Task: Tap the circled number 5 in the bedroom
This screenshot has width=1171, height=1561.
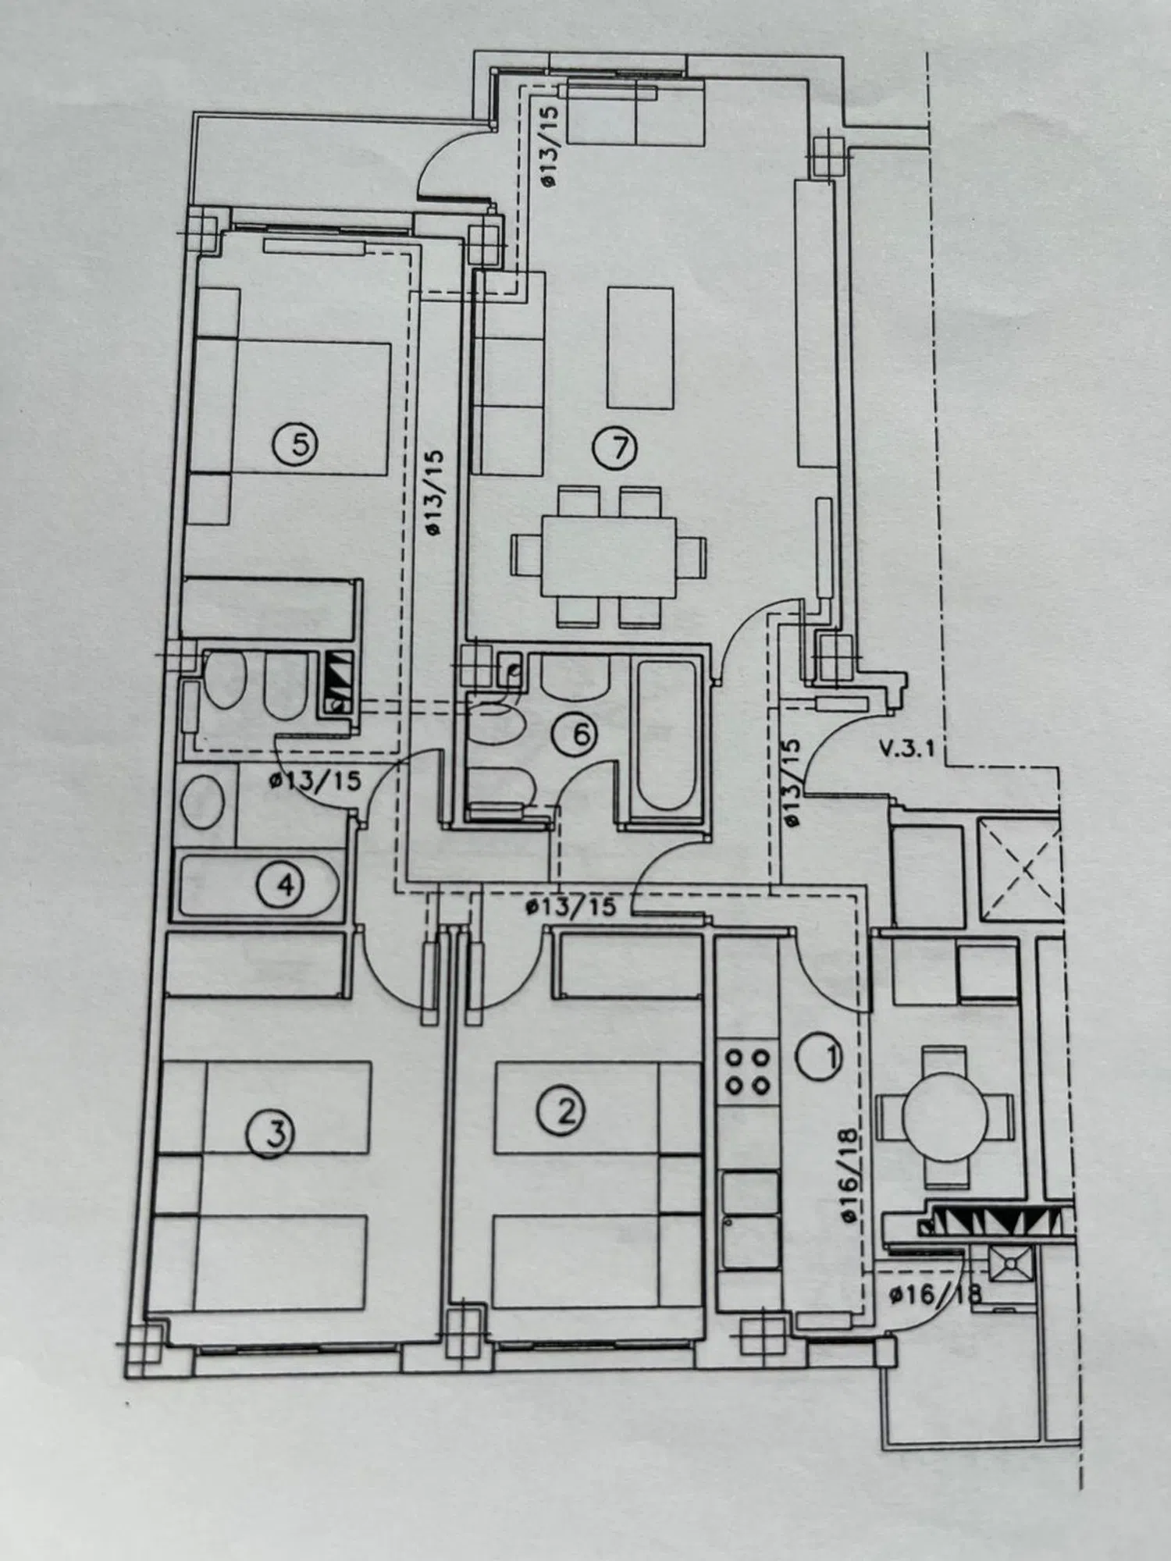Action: pos(294,444)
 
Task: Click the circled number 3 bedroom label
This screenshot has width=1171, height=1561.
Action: pos(269,1133)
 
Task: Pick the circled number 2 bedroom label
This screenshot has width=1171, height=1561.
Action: pos(561,1111)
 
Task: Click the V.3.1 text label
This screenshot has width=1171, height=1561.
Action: pos(906,749)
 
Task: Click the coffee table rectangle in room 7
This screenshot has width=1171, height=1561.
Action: pos(640,347)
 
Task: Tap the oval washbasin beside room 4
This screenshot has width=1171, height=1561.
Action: pos(203,802)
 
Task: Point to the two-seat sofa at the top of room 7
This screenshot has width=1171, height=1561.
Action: pos(636,112)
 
